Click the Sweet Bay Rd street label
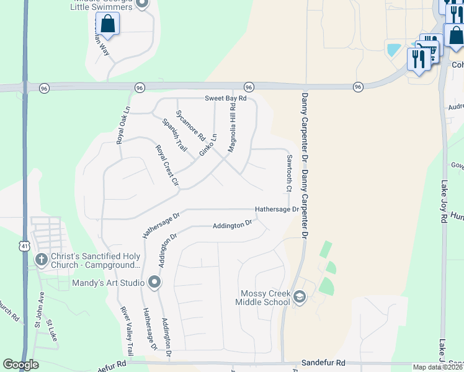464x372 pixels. coord(226,99)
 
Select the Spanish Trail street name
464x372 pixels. coord(174,135)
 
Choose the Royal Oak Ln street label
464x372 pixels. coord(124,125)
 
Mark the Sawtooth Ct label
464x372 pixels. coord(288,172)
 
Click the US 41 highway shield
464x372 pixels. coord(23,229)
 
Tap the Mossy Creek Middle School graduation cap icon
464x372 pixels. coord(300,297)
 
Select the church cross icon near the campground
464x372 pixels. coord(41,260)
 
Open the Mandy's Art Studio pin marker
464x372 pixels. coord(154,283)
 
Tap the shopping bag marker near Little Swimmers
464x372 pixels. coord(107,24)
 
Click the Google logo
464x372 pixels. coord(20,365)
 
